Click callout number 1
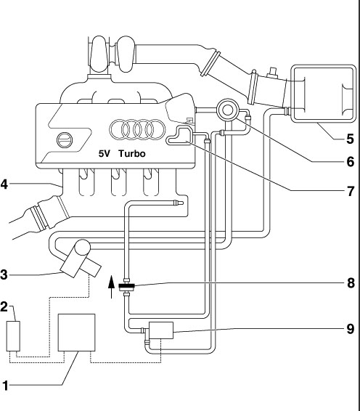click(5, 386)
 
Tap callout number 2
click(4, 306)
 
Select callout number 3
click(4, 275)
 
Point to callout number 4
click(4, 184)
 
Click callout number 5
click(350, 139)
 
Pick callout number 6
click(351, 162)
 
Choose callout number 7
click(351, 191)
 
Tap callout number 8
click(351, 283)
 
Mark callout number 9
click(351, 329)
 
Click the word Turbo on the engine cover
click(132, 154)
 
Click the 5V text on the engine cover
click(105, 154)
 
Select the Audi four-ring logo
click(138, 129)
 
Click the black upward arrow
click(112, 287)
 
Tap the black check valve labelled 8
click(127, 285)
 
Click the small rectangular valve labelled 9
click(161, 330)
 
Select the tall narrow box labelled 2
click(13, 336)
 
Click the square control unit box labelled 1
click(76, 333)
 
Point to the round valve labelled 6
click(227, 110)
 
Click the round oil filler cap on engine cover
click(64, 139)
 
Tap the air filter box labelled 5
click(324, 94)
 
